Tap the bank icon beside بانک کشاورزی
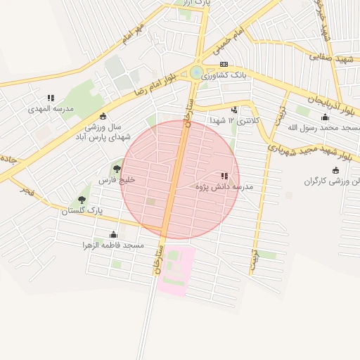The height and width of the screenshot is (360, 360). [223, 64]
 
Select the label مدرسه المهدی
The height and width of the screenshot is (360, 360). [46, 109]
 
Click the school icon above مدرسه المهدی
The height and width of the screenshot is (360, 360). [51, 98]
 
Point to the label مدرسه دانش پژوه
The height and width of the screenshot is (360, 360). [227, 187]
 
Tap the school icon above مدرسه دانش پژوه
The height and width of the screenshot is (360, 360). [224, 176]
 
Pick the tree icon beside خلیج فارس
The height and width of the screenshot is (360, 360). [116, 169]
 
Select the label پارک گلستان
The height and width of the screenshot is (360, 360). [82, 210]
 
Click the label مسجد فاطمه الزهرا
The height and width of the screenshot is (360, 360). [114, 245]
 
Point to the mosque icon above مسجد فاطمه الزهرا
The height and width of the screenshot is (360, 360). [113, 234]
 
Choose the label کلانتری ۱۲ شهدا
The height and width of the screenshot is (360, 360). [234, 121]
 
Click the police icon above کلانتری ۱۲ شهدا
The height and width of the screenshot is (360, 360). [234, 110]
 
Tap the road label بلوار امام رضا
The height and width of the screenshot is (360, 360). [150, 85]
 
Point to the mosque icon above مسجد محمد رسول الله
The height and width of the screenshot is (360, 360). [325, 117]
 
